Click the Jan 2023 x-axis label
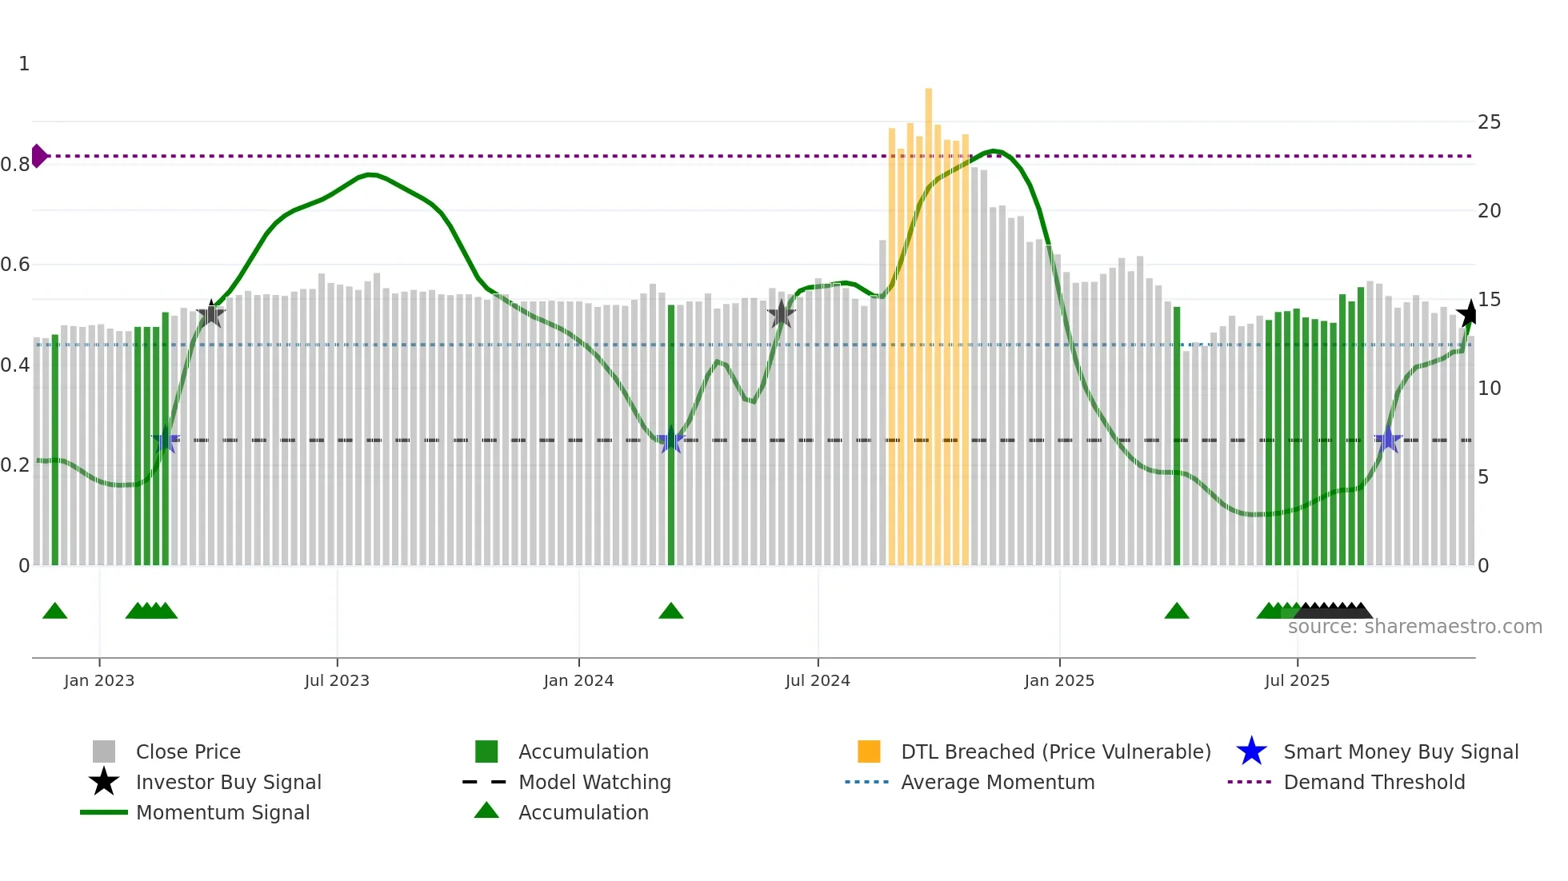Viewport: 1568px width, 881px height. (x=99, y=680)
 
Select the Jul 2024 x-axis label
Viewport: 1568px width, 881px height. (x=818, y=680)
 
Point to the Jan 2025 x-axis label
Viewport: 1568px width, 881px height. (x=1059, y=680)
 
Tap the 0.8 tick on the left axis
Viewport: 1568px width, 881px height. (x=15, y=165)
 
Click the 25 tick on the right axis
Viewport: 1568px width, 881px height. (x=1489, y=122)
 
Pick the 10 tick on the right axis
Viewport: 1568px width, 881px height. (x=1489, y=389)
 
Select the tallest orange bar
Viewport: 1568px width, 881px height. (x=928, y=320)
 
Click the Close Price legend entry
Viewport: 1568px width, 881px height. (x=188, y=751)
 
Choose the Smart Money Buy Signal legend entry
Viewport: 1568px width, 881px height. (x=1401, y=751)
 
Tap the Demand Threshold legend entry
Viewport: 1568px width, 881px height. (x=1374, y=782)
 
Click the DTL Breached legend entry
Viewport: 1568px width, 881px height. (x=1055, y=751)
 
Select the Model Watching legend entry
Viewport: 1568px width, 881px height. (x=594, y=782)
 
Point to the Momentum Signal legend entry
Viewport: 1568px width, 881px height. (x=222, y=812)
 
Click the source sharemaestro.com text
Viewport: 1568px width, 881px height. (x=1414, y=627)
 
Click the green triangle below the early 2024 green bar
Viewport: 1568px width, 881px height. (x=671, y=612)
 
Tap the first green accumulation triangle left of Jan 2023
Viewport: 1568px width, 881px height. (x=55, y=612)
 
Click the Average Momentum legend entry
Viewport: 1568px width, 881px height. (x=998, y=782)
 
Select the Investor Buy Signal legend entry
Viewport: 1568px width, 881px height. (x=228, y=782)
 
